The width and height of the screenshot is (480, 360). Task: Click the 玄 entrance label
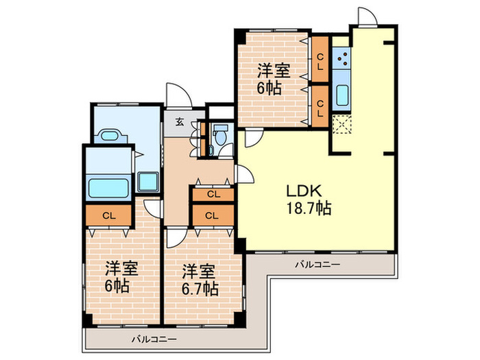point(179,123)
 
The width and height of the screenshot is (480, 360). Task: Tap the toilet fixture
point(220,136)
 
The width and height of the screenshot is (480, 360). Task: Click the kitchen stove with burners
point(341,60)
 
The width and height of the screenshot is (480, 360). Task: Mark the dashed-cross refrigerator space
point(341,123)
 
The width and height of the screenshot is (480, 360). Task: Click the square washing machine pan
point(148,182)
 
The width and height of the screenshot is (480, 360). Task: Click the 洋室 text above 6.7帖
point(196,270)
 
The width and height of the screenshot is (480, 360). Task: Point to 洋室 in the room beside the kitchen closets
point(273,70)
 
